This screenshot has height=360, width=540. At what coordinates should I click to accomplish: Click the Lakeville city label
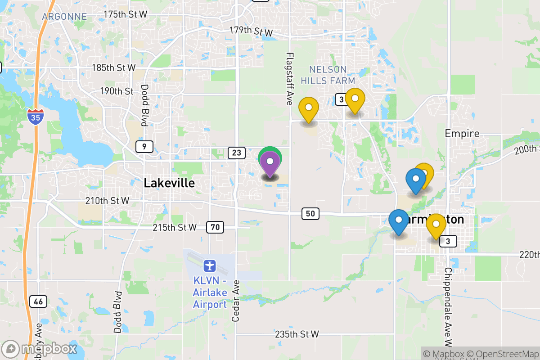point(169,183)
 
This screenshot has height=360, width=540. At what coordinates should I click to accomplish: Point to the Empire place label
point(462,134)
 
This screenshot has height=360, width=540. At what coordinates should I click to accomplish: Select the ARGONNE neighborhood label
point(64,17)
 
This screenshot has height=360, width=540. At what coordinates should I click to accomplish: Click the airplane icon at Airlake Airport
point(209,265)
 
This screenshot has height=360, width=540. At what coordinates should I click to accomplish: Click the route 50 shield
point(310,214)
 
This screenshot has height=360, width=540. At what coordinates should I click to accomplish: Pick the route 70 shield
point(215,227)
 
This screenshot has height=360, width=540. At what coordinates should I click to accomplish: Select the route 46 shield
point(38,301)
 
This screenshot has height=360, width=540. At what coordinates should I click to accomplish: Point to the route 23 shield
point(236,153)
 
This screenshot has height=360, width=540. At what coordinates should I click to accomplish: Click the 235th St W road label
point(297,334)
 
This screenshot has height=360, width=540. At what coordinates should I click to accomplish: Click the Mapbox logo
point(39,349)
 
